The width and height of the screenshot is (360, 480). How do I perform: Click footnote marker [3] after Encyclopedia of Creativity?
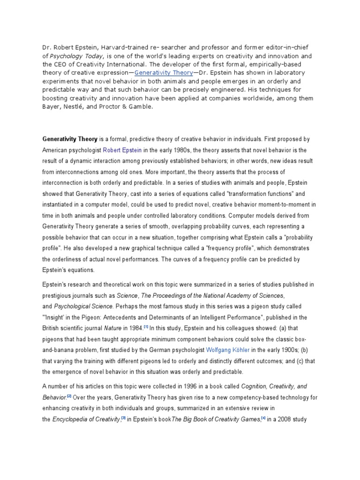pos(124,419)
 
